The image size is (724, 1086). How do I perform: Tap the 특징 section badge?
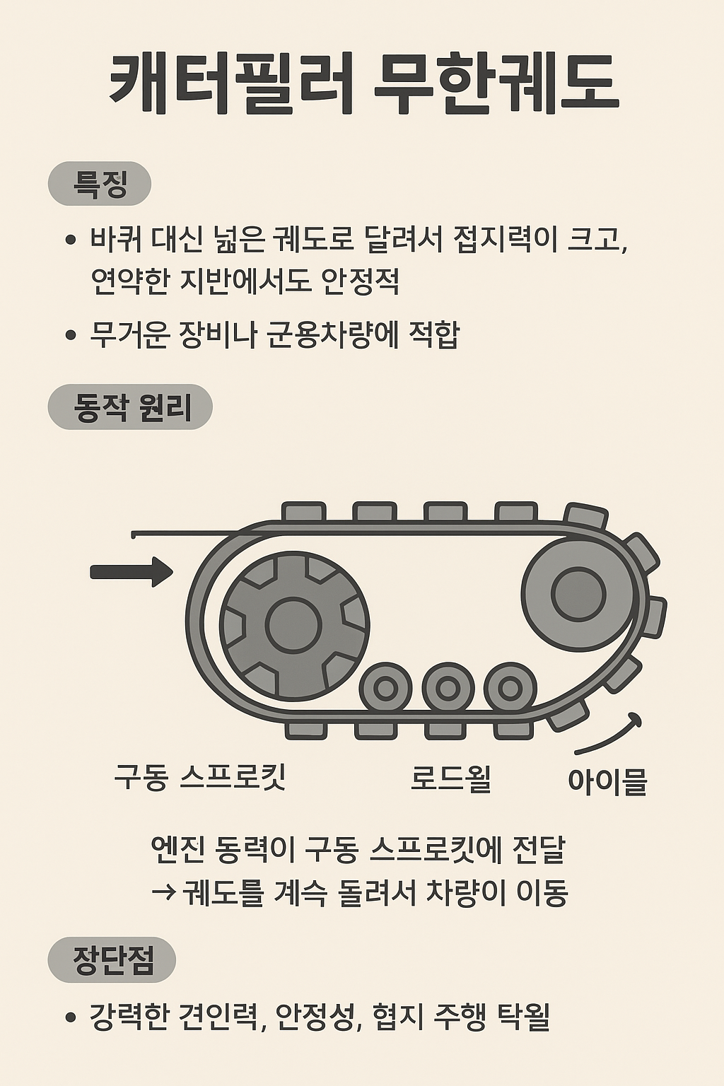100,184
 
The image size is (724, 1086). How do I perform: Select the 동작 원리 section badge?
131,407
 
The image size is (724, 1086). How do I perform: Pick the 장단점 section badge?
112,959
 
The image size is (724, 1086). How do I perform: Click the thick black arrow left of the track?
132,571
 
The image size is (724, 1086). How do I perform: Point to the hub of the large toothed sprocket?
293,625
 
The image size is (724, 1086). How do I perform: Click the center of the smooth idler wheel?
578,594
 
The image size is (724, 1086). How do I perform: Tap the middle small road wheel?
448,688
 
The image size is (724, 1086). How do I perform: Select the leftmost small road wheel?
385,688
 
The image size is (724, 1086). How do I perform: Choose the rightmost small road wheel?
510,688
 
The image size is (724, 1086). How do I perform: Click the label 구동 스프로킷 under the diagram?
200,776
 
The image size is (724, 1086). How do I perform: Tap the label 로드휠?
450,778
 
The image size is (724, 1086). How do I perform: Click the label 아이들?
607,781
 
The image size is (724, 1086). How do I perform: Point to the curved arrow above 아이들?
611,735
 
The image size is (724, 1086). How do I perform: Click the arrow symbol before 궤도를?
163,893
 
